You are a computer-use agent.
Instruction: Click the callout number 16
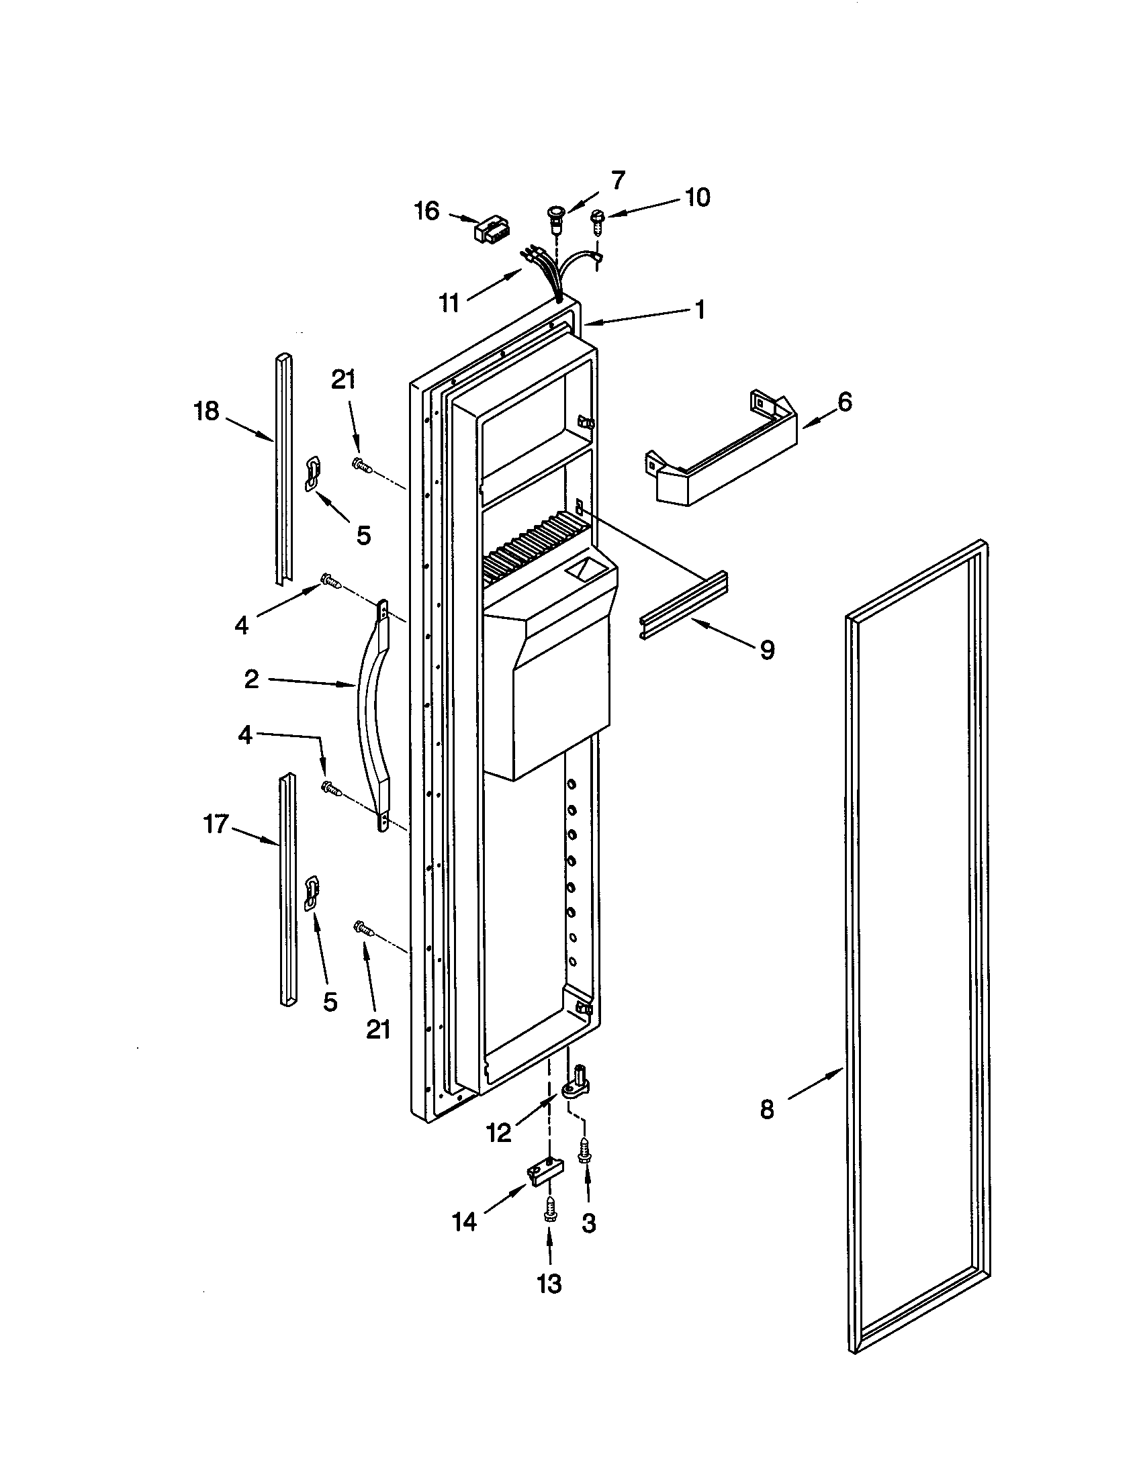click(426, 211)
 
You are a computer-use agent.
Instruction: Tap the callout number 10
click(697, 197)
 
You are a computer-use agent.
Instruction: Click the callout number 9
click(767, 650)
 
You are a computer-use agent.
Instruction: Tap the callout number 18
click(207, 410)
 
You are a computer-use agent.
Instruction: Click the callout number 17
click(216, 824)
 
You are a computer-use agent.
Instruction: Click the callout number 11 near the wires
click(449, 303)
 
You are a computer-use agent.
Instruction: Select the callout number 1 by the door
click(700, 309)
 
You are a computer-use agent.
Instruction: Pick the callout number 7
click(619, 181)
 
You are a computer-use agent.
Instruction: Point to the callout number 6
click(844, 402)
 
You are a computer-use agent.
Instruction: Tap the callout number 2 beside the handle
click(251, 679)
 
